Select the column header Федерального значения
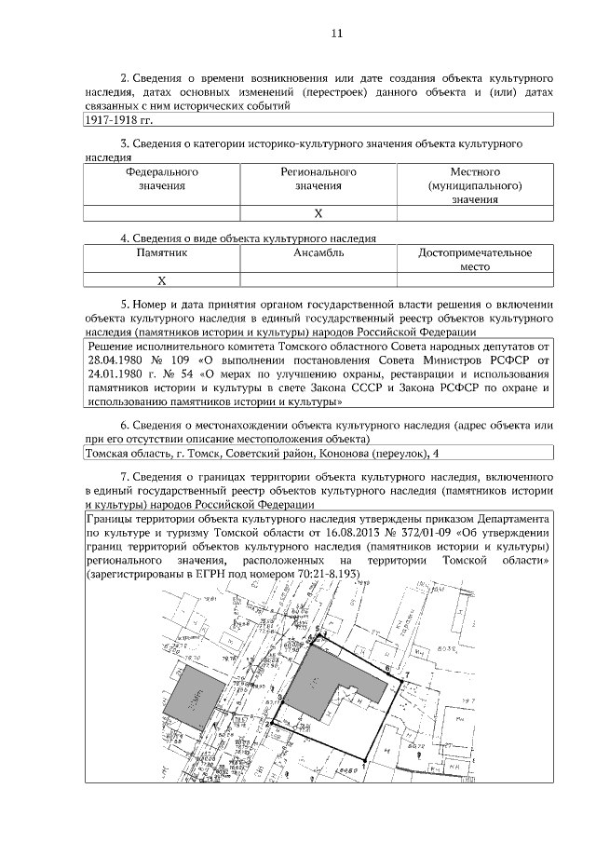coord(162,179)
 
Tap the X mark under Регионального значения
coord(318,213)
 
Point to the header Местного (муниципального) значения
coord(475,185)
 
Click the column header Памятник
coord(162,252)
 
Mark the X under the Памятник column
coord(161,279)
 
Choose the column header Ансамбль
coord(318,252)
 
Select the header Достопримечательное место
coord(475,259)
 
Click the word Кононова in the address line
coord(342,453)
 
